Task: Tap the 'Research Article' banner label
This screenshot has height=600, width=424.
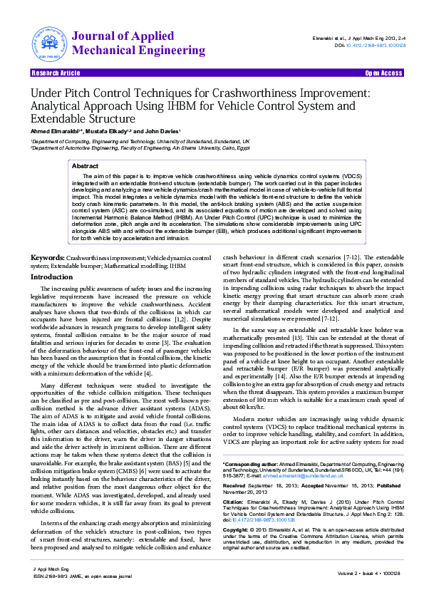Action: tap(56, 73)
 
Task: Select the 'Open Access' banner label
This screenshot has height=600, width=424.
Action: tap(383, 73)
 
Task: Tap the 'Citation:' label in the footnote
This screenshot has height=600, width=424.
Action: tap(236, 502)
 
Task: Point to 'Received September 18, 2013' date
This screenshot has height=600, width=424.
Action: tap(261, 485)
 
